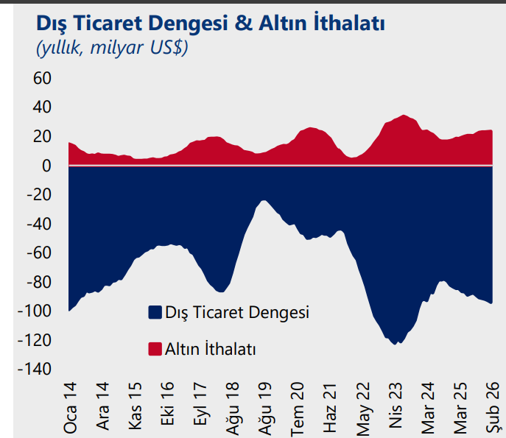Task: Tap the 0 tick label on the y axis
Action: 46,166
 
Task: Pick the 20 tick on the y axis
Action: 41,137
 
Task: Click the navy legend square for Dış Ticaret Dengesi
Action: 155,312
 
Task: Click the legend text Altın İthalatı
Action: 210,349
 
